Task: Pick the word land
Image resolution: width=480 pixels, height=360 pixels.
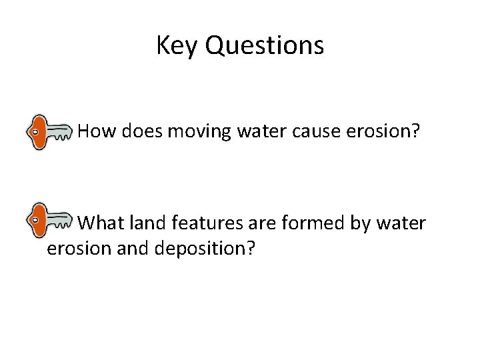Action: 160,222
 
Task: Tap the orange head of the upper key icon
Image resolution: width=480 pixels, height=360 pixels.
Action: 39,132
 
